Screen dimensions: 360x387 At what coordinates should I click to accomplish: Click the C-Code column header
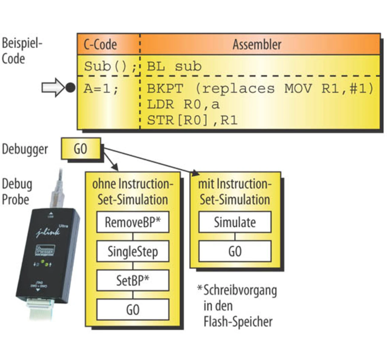click(100, 44)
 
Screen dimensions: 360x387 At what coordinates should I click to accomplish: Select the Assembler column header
click(257, 44)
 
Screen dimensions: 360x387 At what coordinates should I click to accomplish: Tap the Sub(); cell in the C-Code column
click(110, 66)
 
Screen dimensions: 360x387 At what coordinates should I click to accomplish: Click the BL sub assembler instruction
click(174, 66)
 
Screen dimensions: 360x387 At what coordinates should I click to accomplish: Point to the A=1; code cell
click(101, 89)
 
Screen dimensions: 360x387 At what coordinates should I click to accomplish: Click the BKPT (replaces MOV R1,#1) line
click(260, 89)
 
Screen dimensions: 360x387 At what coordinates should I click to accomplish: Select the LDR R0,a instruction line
click(183, 104)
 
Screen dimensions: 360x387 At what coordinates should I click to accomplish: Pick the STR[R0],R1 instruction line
click(192, 120)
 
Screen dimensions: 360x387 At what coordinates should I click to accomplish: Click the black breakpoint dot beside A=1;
click(70, 88)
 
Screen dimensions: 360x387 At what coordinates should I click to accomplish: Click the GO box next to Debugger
click(81, 149)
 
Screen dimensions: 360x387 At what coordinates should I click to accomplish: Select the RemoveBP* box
click(133, 222)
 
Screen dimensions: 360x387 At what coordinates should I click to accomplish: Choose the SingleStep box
click(133, 251)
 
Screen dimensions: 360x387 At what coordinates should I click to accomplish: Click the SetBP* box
click(133, 280)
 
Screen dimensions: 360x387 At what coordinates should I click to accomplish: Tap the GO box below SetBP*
click(133, 310)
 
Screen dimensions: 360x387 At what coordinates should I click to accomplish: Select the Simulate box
click(235, 222)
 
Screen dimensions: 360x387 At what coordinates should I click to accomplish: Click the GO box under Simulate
click(235, 251)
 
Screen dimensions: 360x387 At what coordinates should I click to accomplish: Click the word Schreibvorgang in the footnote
click(240, 290)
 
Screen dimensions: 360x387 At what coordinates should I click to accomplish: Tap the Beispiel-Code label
click(22, 51)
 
